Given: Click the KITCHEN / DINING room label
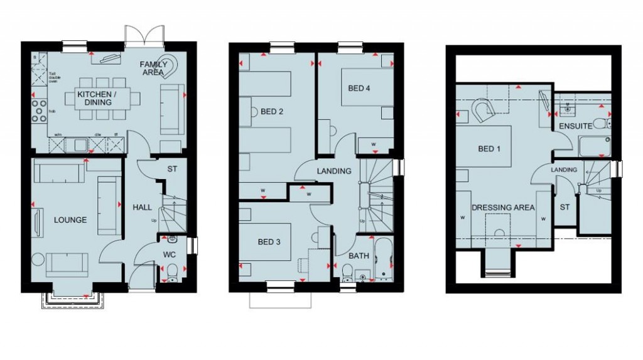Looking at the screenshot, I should pos(94,98).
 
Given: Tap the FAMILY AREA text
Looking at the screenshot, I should pos(153,68).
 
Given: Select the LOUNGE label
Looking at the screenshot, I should pos(70,220).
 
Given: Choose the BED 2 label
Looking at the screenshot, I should pos(272,112).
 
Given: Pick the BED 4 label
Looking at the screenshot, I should pos(359,88).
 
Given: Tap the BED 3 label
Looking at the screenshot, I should pos(269,243).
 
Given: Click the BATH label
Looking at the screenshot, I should pos(359,256).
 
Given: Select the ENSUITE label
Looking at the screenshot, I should pos(575,126).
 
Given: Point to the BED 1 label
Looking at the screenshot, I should pos(490,149).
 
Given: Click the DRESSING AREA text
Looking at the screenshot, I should pos(503,207).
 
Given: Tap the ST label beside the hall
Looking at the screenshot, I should pos(172,169).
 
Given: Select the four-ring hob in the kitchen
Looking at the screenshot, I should pos(40,111).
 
